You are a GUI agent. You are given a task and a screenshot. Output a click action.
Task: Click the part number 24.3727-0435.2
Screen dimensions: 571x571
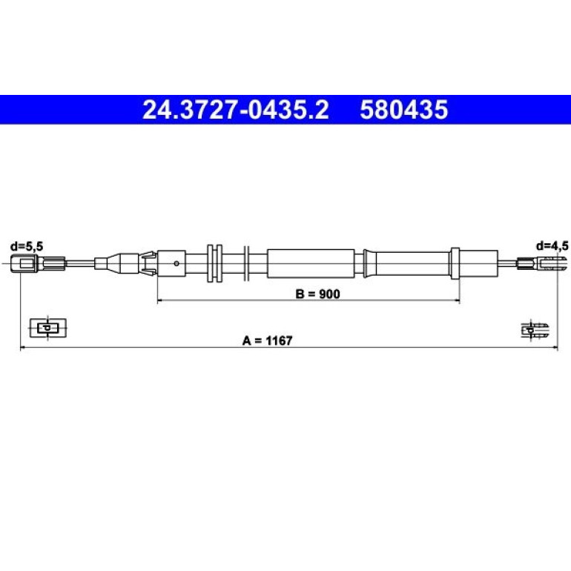pos(235,110)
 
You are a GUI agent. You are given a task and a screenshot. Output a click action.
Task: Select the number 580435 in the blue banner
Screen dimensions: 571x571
pos(404,110)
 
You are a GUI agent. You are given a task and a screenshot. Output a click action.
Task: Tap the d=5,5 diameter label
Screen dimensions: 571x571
pos(27,246)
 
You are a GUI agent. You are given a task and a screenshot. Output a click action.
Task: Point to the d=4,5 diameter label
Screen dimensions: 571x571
pos(552,246)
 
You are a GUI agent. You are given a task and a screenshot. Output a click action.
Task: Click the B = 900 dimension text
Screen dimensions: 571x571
pos(318,294)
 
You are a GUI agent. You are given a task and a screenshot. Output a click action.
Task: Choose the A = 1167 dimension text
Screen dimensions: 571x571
pos(267,341)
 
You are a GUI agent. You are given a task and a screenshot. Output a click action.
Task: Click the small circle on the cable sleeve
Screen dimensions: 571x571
pos(176,263)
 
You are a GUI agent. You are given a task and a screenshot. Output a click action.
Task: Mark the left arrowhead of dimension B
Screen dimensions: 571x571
pos(159,301)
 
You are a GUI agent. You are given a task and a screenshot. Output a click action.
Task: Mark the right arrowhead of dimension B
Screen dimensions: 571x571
pos(458,301)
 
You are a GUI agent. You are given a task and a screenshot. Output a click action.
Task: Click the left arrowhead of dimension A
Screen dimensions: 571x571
pos(22,348)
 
